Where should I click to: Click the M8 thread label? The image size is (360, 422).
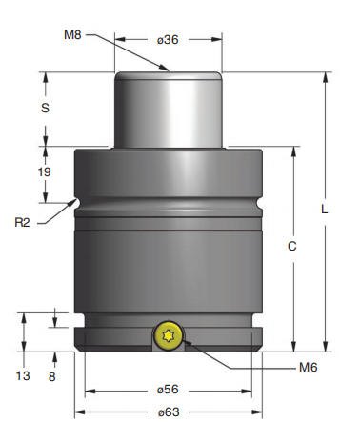72,34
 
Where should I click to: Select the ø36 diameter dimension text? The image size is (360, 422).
168,40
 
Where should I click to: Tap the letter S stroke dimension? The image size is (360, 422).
45,108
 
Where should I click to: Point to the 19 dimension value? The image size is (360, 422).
45,171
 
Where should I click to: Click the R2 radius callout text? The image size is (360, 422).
22,222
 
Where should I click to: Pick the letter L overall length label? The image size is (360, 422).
324,210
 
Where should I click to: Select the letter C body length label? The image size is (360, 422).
292,246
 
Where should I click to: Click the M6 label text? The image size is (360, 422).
309,368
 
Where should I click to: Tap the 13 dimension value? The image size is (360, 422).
23,375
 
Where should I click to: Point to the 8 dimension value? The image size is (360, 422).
51,376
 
